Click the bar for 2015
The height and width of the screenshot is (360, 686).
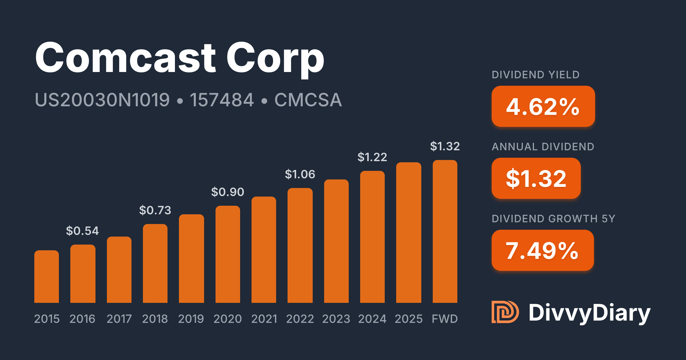pyautogui.click(x=47, y=277)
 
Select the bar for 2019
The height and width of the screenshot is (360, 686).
pyautogui.click(x=192, y=259)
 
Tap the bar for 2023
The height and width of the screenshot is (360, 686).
pyautogui.click(x=336, y=241)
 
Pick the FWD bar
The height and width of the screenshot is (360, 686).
pyautogui.click(x=445, y=231)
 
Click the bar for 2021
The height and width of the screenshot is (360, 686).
pyautogui.click(x=264, y=250)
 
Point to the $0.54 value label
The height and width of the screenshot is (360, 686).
pyautogui.click(x=82, y=231)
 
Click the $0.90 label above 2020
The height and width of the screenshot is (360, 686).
pyautogui.click(x=228, y=192)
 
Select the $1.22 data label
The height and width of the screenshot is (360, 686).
pyautogui.click(x=372, y=157)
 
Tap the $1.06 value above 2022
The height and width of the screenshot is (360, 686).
pyautogui.click(x=300, y=174)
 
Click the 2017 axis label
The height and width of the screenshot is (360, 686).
pyautogui.click(x=119, y=319)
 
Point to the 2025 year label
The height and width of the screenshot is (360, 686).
pyautogui.click(x=409, y=319)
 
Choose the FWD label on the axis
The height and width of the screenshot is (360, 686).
pyautogui.click(x=445, y=319)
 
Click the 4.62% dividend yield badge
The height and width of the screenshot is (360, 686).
pyautogui.click(x=543, y=107)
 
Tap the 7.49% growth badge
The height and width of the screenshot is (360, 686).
pyautogui.click(x=543, y=251)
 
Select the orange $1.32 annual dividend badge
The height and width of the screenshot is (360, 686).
pyautogui.click(x=536, y=179)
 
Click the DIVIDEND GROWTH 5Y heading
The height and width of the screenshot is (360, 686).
pyautogui.click(x=553, y=219)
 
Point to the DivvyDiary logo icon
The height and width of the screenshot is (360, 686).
pyautogui.click(x=505, y=312)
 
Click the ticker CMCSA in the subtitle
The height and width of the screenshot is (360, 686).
pyautogui.click(x=308, y=100)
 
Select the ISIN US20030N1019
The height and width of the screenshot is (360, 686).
pyautogui.click(x=102, y=100)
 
